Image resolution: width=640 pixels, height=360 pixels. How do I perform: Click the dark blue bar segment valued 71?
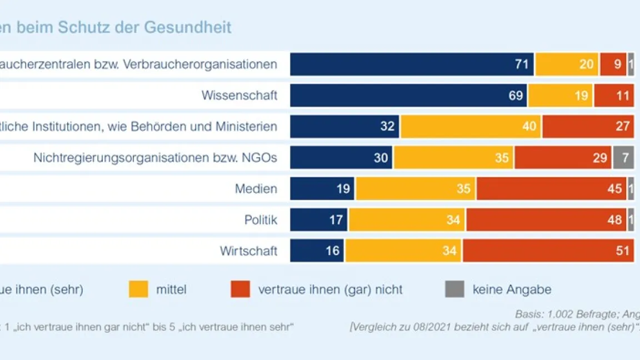coord(411,64)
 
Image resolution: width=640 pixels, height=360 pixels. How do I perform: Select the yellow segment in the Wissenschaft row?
coord(560,96)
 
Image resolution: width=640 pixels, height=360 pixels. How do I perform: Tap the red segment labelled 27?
coord(588,127)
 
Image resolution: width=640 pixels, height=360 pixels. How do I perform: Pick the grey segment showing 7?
coord(623,158)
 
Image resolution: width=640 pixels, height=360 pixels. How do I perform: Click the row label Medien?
coord(256,189)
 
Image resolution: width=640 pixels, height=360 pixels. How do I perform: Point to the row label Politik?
coord(261,220)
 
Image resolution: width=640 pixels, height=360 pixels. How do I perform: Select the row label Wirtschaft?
coord(248,251)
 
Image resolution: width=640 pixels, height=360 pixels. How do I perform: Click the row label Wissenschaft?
coord(239,96)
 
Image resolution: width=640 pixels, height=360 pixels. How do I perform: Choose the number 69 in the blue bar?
coord(516,96)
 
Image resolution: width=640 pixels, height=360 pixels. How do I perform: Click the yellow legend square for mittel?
coord(138,289)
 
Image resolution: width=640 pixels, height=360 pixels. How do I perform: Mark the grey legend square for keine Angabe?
coord(454,289)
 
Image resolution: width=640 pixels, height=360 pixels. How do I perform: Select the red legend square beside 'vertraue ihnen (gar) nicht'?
coord(241,289)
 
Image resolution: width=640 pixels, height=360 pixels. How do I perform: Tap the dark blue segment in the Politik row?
coord(318,220)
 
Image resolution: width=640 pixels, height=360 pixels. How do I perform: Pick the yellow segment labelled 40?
coord(471,127)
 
